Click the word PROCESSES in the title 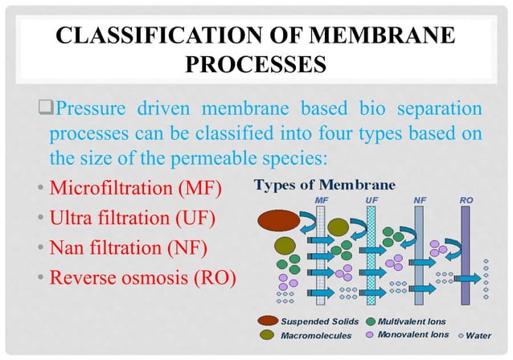[256, 63]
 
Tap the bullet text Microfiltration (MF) [135, 189]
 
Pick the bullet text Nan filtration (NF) [131, 247]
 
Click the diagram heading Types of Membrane [324, 183]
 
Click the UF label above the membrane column [371, 197]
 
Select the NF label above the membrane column [420, 197]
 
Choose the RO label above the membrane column [466, 197]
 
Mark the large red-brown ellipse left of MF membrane [278, 219]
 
